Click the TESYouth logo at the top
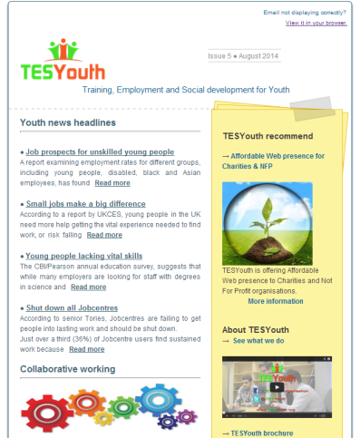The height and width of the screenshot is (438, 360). point(63,61)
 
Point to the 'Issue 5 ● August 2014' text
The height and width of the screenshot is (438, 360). point(244,57)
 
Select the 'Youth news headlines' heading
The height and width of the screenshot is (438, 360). point(68,122)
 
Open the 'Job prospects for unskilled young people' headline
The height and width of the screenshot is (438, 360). point(99,151)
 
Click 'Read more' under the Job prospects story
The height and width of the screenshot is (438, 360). point(112,183)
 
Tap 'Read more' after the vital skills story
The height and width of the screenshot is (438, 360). point(89,287)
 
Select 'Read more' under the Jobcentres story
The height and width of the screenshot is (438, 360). point(87,349)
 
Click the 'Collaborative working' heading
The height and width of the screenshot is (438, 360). point(68,369)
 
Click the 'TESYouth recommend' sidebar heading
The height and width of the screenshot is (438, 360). point(268,136)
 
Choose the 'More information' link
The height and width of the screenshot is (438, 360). point(275,301)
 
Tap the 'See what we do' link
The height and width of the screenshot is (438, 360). point(261,340)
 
